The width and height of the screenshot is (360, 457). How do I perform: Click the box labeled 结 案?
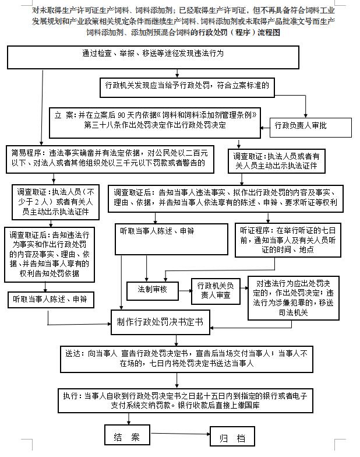[x=127, y=435]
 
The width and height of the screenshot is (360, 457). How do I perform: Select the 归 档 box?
[x=232, y=436]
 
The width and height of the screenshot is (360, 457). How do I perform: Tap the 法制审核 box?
[x=153, y=290]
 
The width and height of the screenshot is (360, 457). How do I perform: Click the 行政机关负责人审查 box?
[x=216, y=291]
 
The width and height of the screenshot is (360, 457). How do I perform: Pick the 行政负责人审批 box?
[x=310, y=127]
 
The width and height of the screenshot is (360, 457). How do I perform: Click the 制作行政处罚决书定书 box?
[x=160, y=322]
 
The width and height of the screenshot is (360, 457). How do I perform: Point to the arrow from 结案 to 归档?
[x=181, y=434]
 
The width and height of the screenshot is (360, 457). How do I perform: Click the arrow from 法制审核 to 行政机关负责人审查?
[x=185, y=290]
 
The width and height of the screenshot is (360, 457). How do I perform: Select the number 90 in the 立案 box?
[x=121, y=115]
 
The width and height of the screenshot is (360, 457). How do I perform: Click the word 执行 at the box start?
[x=70, y=396]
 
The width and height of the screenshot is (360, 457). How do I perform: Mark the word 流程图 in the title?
[x=269, y=32]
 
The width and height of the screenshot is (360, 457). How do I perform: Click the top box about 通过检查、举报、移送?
[x=153, y=57]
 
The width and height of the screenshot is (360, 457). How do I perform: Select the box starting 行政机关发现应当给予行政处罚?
[x=187, y=87]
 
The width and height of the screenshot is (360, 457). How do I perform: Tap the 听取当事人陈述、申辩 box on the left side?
[x=51, y=300]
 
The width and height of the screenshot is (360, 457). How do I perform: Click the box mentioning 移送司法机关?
[x=294, y=298]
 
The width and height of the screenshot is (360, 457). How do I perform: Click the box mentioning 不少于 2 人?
[x=55, y=202]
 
